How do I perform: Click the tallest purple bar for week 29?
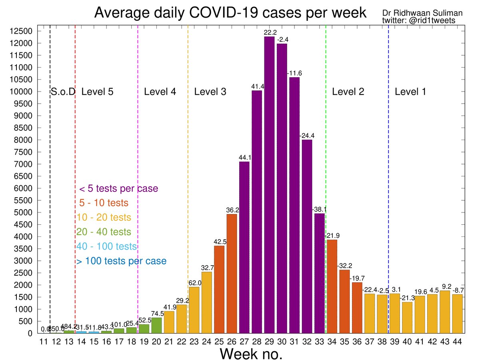pos(269,184)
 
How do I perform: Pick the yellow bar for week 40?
pos(407,318)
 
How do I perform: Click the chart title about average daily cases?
pos(230,13)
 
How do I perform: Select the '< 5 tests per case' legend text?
pos(118,188)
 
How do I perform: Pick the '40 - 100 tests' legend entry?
pos(106,246)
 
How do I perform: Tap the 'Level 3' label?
pos(210,92)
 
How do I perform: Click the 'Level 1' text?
pos(410,92)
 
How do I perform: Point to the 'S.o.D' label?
pos(63,92)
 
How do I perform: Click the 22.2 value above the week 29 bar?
pos(269,32)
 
